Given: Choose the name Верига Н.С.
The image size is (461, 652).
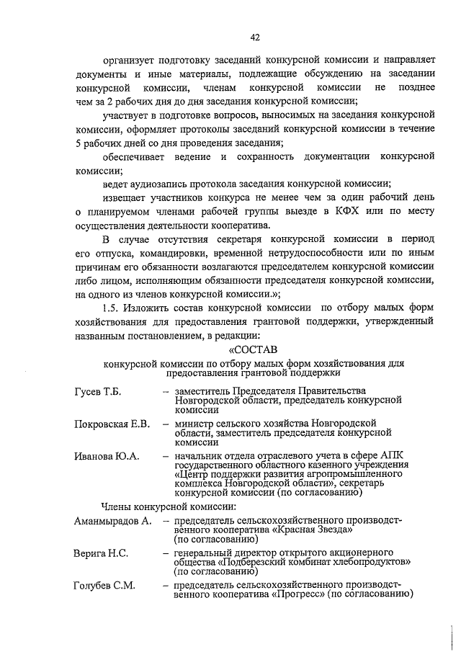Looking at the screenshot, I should point(101,553).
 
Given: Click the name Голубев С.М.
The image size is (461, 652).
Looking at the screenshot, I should point(105,585).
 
